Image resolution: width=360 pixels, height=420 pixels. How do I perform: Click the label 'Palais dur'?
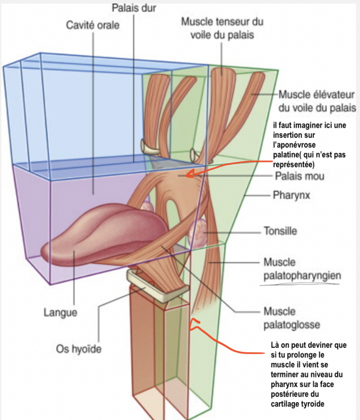134,8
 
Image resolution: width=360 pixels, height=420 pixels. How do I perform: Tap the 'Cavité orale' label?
92,25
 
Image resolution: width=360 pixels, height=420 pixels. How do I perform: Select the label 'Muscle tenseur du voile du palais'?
222,27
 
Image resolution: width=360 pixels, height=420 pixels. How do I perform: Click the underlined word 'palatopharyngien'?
297,275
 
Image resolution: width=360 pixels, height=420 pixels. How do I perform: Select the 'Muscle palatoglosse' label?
289,317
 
